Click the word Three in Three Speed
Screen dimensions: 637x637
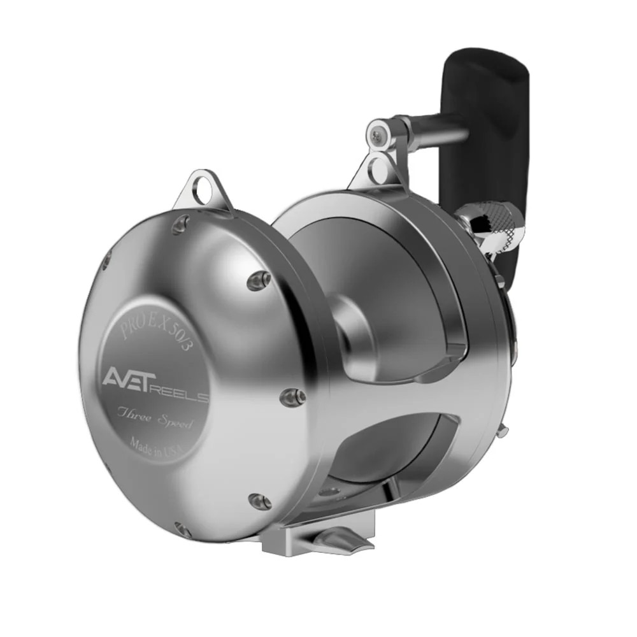click(133, 415)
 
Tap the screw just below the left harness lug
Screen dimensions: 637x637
click(182, 223)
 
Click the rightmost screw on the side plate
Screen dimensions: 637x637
click(293, 397)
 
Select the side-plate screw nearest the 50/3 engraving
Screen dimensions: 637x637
click(258, 280)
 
